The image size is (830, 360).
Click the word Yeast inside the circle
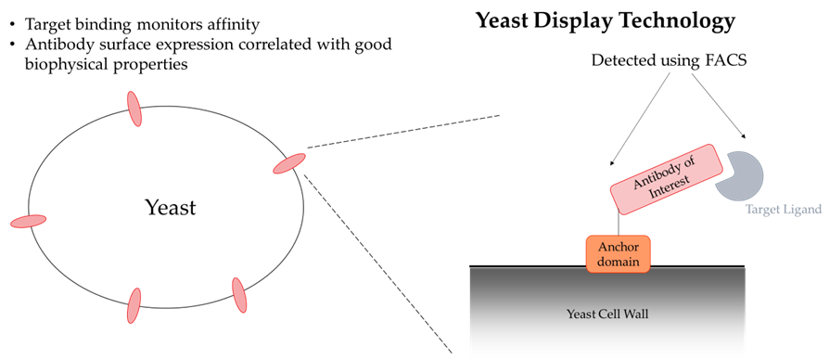[171, 208]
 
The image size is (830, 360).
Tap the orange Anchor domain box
[619, 253]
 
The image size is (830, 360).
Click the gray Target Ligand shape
[740, 172]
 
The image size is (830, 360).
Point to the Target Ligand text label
[784, 211]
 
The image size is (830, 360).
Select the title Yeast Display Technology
[605, 20]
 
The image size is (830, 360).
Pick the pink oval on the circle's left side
[29, 221]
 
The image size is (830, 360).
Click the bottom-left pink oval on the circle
[134, 305]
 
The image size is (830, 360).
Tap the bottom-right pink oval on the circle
[239, 295]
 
